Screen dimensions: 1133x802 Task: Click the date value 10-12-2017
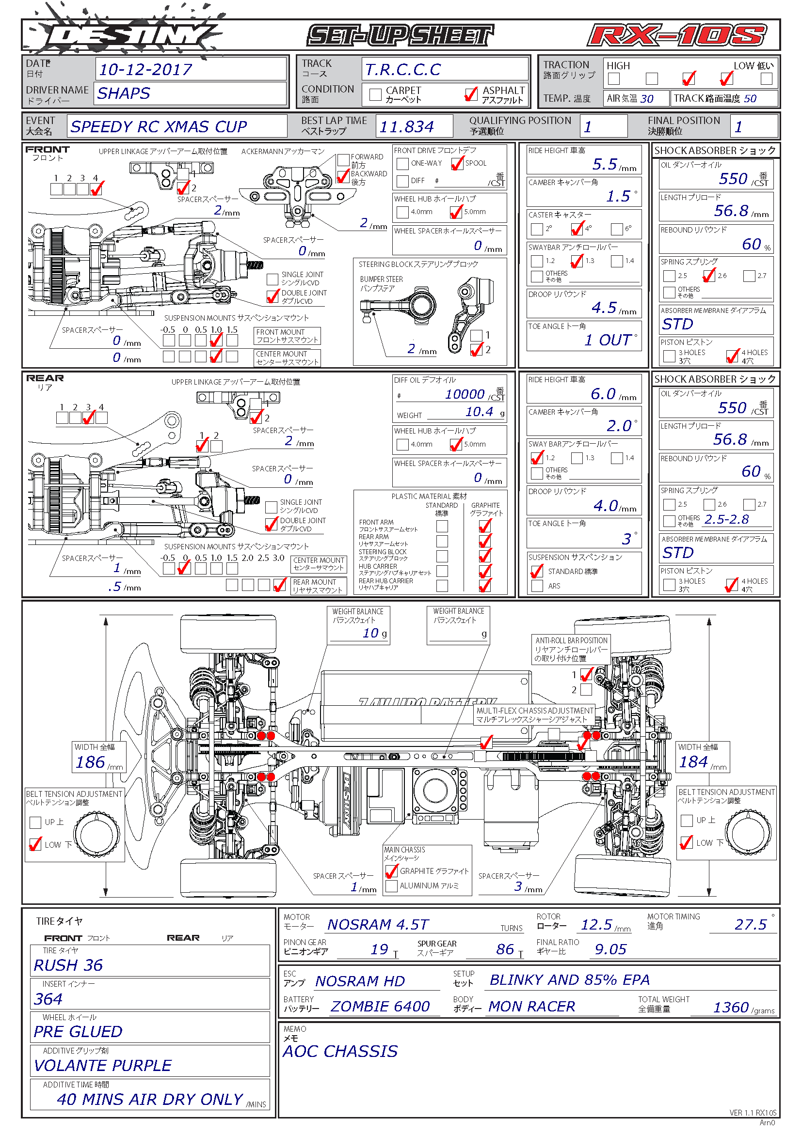pos(145,70)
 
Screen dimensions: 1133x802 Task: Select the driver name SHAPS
pos(124,93)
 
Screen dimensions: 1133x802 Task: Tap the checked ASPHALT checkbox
pos(471,94)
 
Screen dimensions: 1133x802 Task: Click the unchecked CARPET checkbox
pos(375,94)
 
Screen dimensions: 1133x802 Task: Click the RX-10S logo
pos(676,35)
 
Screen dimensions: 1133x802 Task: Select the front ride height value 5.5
pos(605,164)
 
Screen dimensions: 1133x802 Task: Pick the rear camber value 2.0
pos(618,425)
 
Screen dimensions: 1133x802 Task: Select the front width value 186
pos(90,762)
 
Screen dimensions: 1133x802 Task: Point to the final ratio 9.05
pos(610,949)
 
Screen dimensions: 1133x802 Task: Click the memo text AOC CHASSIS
pos(340,1051)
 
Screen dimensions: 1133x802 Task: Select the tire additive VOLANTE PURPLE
pos(103,1065)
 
